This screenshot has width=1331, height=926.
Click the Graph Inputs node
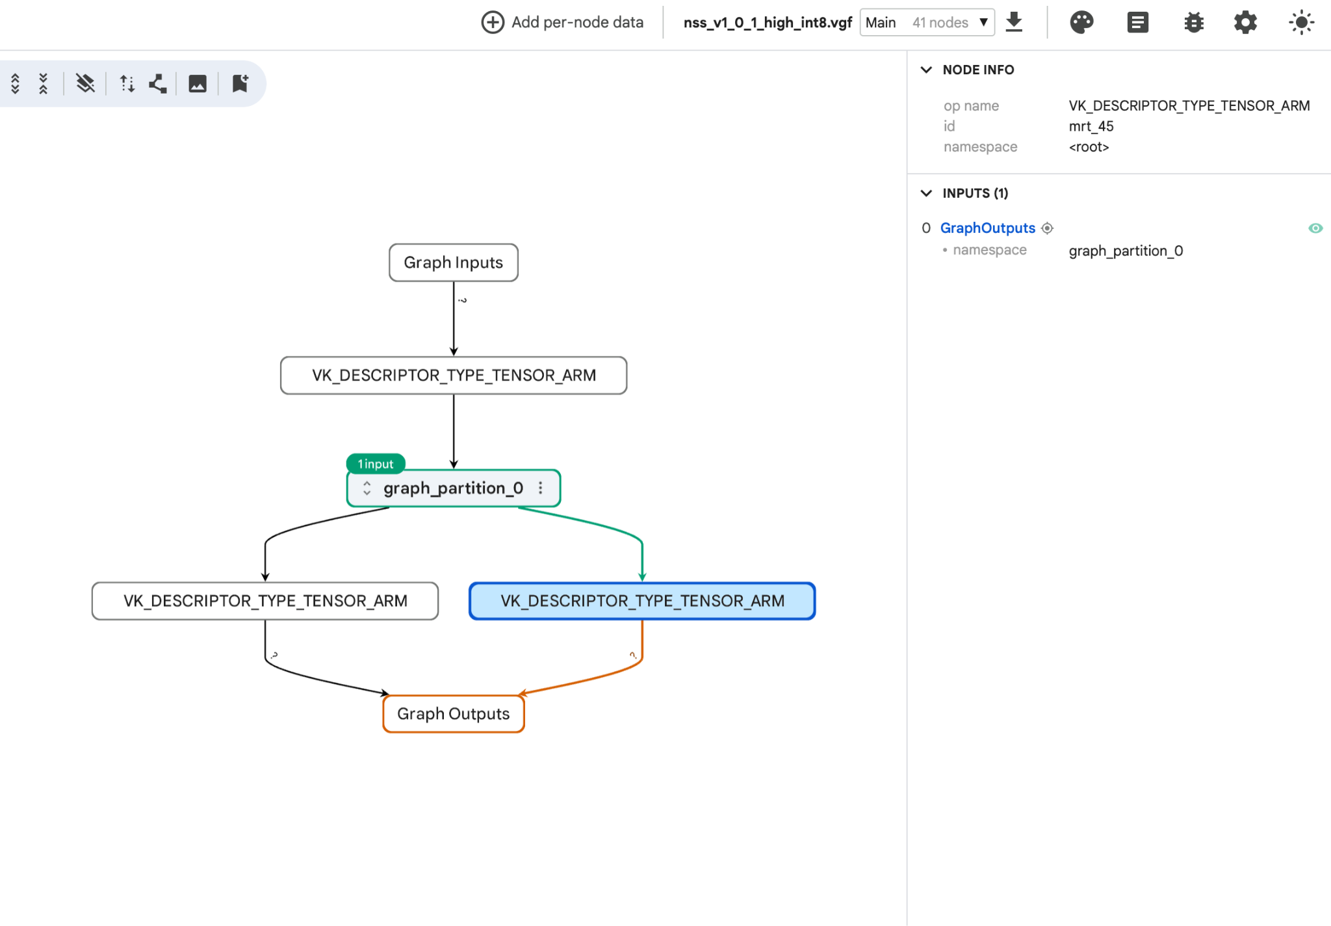click(x=454, y=263)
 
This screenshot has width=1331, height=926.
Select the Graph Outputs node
click(x=454, y=714)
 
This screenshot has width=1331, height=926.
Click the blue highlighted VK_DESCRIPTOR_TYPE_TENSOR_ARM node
click(x=642, y=601)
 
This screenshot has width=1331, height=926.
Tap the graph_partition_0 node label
click(x=453, y=488)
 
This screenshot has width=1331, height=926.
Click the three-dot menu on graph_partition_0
click(x=541, y=488)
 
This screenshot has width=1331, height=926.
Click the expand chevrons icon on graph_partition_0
click(x=367, y=488)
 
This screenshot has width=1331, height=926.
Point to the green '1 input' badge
click(x=376, y=464)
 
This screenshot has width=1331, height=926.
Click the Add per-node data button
click(x=562, y=22)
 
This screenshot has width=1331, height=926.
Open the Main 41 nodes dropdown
click(x=927, y=23)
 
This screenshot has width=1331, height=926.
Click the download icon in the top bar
click(x=1014, y=22)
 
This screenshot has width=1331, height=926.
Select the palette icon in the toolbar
click(x=1082, y=22)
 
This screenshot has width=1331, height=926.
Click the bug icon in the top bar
click(x=1194, y=23)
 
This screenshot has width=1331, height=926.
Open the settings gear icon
click(x=1246, y=23)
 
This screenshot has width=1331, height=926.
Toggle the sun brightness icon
click(x=1302, y=23)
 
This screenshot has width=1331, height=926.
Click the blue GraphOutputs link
click(x=988, y=228)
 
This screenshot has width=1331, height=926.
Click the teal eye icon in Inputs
click(x=1315, y=228)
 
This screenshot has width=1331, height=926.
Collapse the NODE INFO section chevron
click(x=927, y=70)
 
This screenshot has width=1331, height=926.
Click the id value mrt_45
click(x=1092, y=126)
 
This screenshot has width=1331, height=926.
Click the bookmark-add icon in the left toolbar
click(x=240, y=83)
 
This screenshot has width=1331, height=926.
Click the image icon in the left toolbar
click(x=198, y=83)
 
